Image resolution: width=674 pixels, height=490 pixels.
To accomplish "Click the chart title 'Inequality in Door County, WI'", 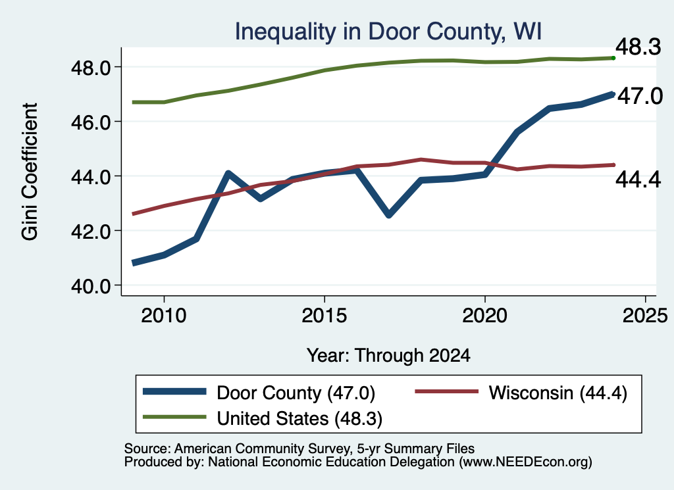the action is point(388,32).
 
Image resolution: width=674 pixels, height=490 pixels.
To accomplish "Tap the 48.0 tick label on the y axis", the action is point(91,68).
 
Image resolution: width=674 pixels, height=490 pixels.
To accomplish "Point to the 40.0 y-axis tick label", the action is point(91,286).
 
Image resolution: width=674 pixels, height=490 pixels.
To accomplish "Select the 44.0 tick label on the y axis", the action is point(91,177).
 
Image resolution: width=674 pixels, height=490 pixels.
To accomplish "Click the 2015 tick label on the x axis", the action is point(324,316).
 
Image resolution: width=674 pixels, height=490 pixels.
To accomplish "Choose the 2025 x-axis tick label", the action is point(645,316).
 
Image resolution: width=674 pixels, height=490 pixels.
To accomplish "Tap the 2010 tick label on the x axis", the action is point(164,316).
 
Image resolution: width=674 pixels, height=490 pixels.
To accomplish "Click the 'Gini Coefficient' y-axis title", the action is point(30,172).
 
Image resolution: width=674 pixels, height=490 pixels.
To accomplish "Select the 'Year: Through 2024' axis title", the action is point(388,356).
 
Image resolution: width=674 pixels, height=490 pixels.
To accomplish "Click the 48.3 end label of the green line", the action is point(638,47).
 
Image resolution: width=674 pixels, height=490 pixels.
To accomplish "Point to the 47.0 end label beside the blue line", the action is point(640,96).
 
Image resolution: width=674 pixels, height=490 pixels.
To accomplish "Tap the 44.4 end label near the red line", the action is point(638,180).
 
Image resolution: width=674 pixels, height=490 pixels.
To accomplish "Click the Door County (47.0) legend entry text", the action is point(296,393).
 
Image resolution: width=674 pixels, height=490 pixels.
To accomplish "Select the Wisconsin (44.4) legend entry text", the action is point(558,393).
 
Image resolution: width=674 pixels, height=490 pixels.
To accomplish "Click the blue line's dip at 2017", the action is point(388,214).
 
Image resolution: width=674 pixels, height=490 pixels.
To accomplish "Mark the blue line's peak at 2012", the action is point(228,173).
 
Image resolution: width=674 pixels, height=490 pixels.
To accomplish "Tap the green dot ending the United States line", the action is point(613,58).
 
